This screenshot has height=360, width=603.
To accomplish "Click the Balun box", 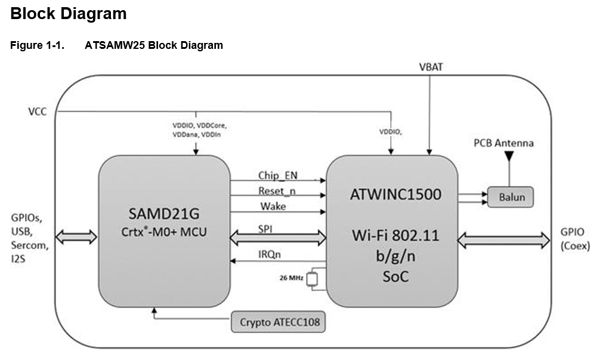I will pyautogui.click(x=510, y=197).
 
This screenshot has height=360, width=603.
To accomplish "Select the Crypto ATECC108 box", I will pyautogui.click(x=279, y=323).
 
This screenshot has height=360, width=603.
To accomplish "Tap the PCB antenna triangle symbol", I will pyautogui.click(x=509, y=156).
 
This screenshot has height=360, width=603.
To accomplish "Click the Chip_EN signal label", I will pyautogui.click(x=277, y=175).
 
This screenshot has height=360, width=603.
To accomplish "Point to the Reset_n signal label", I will pyautogui.click(x=277, y=191).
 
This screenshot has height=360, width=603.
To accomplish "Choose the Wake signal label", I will pyautogui.click(x=273, y=206).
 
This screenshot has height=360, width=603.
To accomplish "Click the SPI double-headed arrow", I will pyautogui.click(x=279, y=238).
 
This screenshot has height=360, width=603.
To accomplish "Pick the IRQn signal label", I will pyautogui.click(x=270, y=255).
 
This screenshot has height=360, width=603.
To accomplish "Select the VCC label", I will pyautogui.click(x=37, y=111).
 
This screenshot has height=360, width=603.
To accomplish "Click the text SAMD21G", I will pyautogui.click(x=164, y=213).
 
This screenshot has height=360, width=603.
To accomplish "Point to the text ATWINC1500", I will pyautogui.click(x=392, y=195).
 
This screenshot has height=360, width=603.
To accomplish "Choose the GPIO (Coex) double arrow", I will pyautogui.click(x=503, y=240).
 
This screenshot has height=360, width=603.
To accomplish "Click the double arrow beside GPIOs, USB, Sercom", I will pyautogui.click(x=75, y=237).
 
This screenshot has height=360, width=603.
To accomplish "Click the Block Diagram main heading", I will pyautogui.click(x=69, y=13).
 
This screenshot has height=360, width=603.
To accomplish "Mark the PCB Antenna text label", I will pyautogui.click(x=503, y=143).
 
